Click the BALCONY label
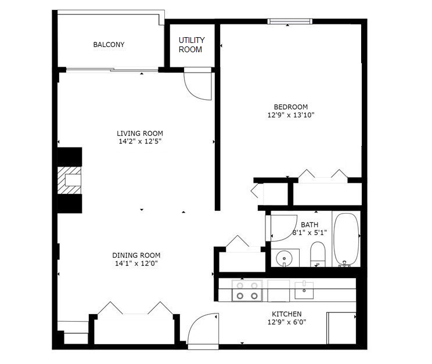tap(109, 45)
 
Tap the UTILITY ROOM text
tap(191, 45)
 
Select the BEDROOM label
tap(290, 107)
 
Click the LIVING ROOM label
tap(139, 134)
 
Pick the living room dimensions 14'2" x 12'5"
tap(139, 141)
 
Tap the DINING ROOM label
tap(136, 255)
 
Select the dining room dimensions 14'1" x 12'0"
tap(136, 264)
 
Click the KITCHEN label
tap(286, 314)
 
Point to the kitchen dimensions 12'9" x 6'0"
tap(286, 322)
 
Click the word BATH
tap(309, 225)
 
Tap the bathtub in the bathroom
tap(346, 239)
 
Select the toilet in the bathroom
tap(318, 254)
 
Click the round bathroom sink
tap(285, 257)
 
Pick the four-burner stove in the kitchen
tap(247, 290)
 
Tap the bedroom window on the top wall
tap(290, 22)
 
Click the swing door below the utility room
tap(198, 85)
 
